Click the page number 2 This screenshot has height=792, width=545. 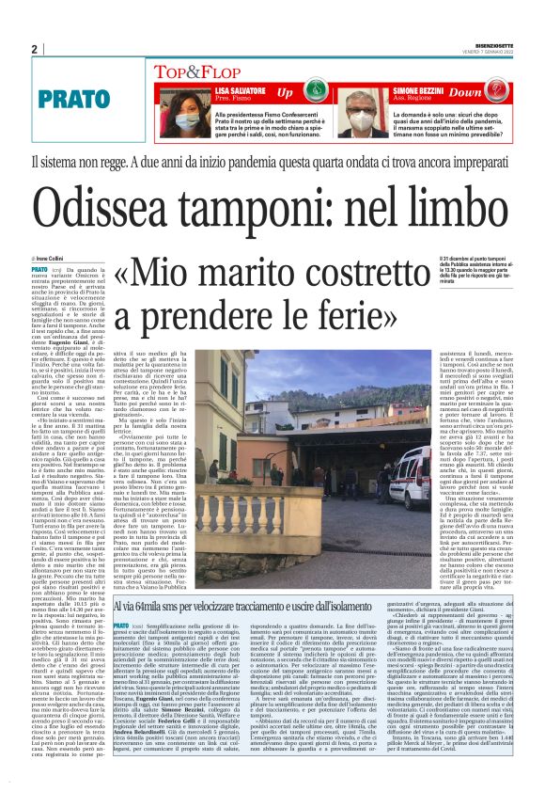coord(34,50)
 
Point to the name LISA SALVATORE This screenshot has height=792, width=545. coord(239,87)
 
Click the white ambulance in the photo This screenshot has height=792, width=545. coord(413,479)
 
